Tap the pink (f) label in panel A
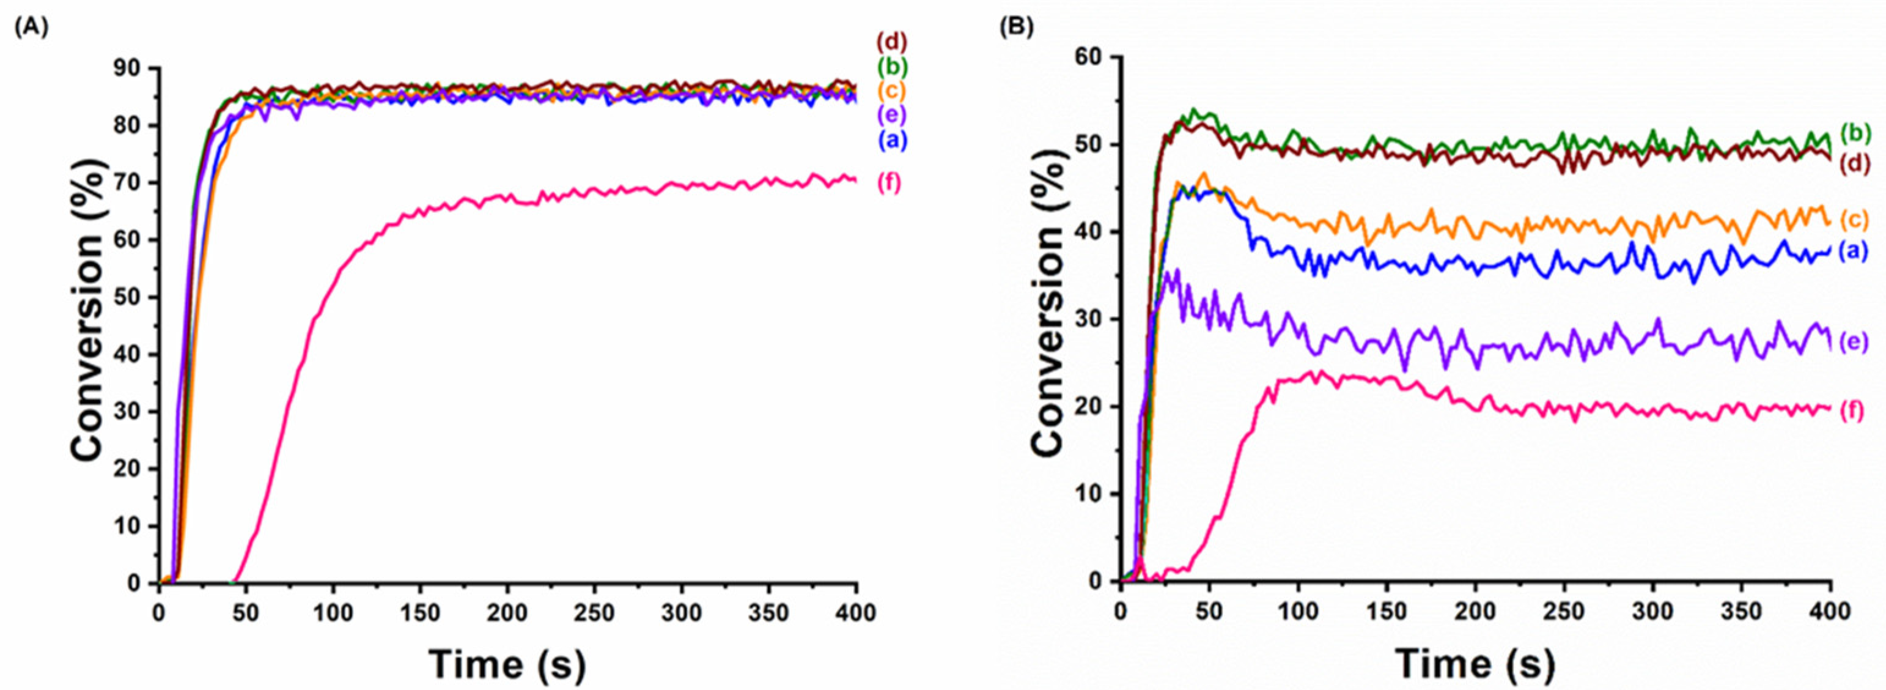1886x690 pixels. tap(888, 183)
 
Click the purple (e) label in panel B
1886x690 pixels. tap(1860, 342)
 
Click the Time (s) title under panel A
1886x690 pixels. tap(507, 664)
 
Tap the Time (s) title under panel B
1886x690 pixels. tap(1475, 664)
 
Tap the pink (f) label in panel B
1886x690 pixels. tap(1860, 411)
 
